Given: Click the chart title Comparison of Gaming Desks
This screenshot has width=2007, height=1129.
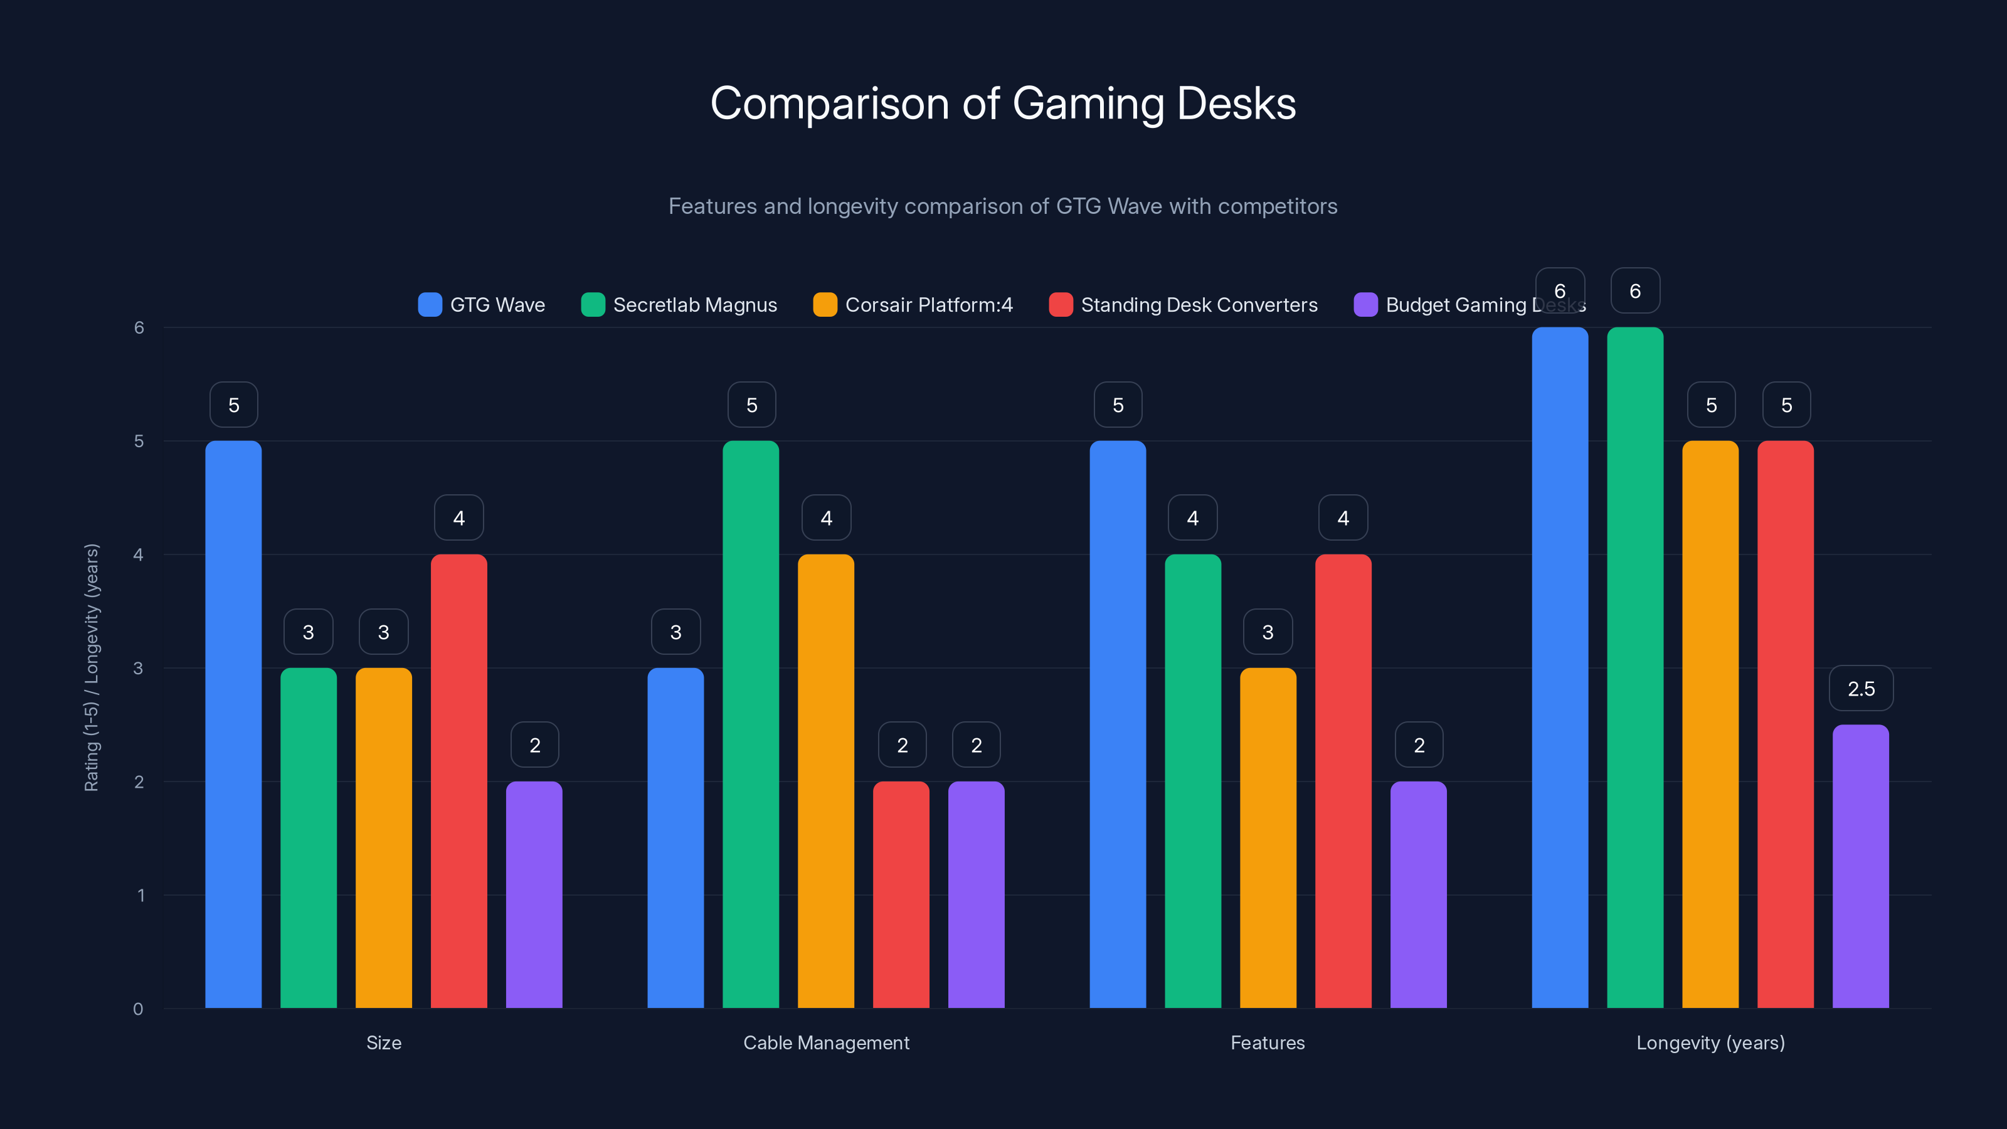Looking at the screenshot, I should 1003,103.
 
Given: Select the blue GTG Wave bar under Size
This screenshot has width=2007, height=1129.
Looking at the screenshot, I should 233,724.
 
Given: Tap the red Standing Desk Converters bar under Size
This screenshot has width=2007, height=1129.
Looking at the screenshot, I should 459,782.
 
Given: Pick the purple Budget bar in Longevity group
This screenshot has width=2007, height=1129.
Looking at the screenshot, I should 1860,866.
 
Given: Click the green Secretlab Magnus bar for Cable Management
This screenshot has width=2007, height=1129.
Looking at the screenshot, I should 750,724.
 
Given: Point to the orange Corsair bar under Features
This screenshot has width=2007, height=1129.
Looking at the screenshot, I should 1268,837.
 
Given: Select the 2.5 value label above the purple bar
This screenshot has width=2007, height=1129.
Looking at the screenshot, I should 1860,689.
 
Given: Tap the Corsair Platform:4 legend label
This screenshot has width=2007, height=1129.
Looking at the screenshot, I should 929,305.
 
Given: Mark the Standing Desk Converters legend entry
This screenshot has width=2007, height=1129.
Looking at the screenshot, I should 1199,305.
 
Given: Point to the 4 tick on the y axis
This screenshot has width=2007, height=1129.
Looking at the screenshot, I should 139,554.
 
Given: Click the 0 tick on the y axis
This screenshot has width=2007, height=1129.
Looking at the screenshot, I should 139,1009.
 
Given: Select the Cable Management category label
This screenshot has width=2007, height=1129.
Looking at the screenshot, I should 826,1042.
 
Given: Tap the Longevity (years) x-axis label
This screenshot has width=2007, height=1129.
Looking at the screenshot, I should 1710,1042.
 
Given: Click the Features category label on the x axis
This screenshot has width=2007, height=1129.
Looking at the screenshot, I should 1268,1042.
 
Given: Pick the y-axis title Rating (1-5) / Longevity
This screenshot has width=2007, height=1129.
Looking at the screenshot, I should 92,668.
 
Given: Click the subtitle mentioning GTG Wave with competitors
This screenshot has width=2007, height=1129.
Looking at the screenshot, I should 1003,206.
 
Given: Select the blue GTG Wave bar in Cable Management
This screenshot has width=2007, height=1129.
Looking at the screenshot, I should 675,837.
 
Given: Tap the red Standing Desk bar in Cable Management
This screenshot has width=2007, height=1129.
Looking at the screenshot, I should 901,894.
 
